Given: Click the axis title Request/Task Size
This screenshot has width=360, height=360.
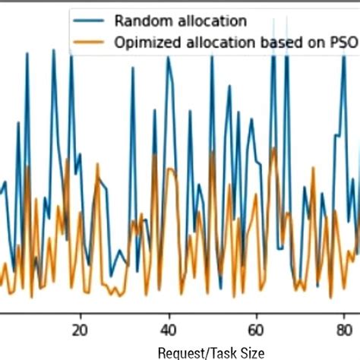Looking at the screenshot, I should (211, 352).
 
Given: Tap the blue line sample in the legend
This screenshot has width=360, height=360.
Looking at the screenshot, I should (90, 21).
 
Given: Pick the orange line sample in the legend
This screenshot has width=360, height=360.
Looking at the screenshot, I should (90, 43).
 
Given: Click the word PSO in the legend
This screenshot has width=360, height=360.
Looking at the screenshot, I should (342, 43).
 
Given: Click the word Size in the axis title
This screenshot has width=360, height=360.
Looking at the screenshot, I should (251, 352).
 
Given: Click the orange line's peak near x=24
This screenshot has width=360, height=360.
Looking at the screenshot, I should (97, 163).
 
